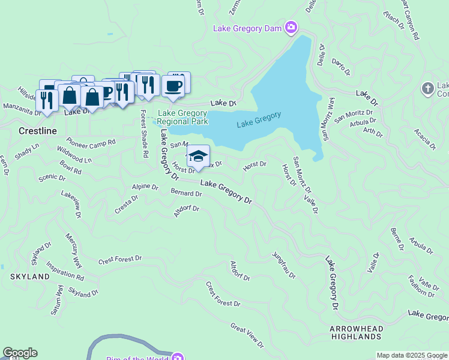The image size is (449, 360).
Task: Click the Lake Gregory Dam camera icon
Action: (x=291, y=28)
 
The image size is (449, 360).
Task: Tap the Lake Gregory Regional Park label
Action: (x=182, y=117)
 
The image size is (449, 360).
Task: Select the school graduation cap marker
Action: (x=198, y=157)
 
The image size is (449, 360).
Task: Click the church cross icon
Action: (x=428, y=88)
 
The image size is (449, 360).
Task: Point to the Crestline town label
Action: (x=37, y=131)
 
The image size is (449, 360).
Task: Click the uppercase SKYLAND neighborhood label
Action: (x=29, y=277)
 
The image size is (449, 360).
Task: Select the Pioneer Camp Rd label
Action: (x=91, y=143)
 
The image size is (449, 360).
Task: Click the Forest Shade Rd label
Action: (x=144, y=133)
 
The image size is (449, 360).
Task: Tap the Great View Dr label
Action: (x=247, y=335)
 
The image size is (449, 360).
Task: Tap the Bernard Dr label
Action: (x=186, y=193)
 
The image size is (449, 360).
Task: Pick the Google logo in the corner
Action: (x=20, y=353)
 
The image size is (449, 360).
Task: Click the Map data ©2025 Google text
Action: (x=412, y=355)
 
